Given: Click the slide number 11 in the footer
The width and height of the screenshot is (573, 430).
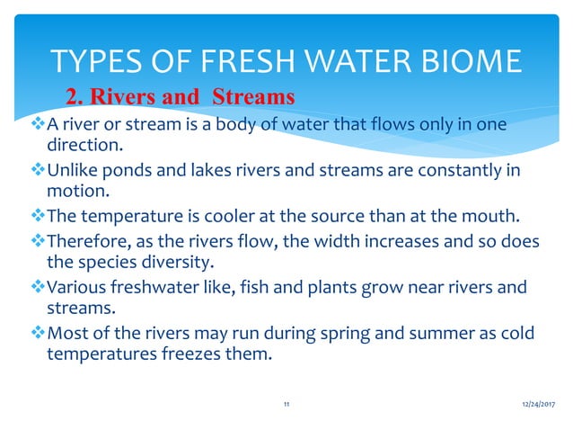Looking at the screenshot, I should click(286, 406).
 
